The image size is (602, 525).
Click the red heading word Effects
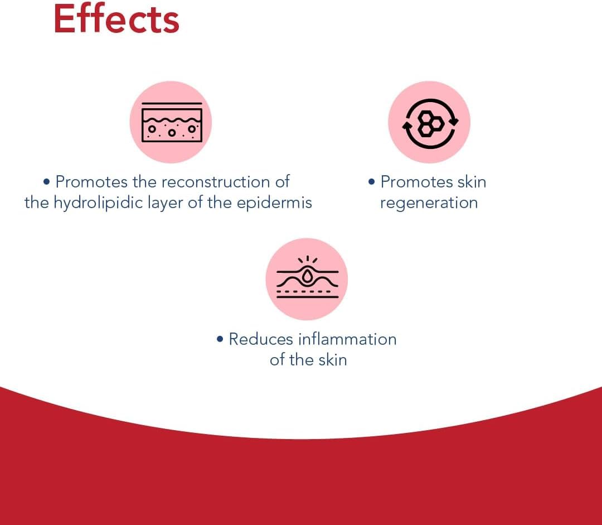pos(116,19)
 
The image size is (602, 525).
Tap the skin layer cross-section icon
pos(172,122)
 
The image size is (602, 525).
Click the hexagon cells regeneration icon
pos(430,123)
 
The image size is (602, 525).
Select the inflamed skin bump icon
pos(307,277)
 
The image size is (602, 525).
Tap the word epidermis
pos(274,203)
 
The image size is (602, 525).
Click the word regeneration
pos(429,203)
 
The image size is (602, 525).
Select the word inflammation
pos(347,339)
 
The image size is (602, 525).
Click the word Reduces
pos(261,339)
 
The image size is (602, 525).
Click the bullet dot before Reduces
pos(220,339)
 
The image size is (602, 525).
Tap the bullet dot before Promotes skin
pos(371,182)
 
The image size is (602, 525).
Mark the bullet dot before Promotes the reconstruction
pos(46,182)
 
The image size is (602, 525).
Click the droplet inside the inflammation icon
pos(307,276)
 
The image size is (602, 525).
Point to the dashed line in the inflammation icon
pos(303,291)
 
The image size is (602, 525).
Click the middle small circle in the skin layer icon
pos(172,133)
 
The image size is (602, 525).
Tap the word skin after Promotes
pos(472,182)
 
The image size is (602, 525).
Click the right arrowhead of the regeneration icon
pos(454,122)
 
